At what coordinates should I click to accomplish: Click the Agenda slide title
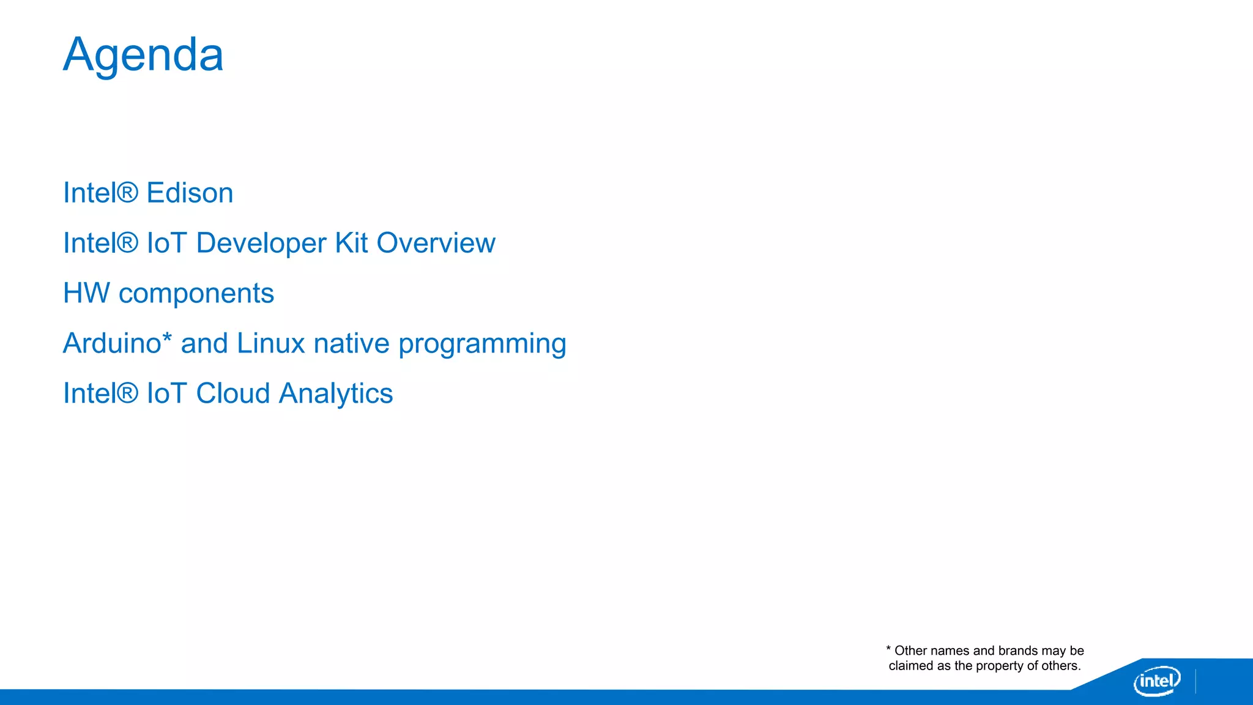pos(143,55)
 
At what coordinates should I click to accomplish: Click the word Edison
pos(190,193)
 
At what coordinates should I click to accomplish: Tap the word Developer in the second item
pos(261,244)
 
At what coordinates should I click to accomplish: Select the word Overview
pos(436,243)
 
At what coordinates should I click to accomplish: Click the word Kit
pos(351,243)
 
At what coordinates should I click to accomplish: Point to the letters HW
pos(86,293)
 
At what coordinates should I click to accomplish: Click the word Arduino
pos(112,343)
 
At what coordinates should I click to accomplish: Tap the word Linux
pos(270,343)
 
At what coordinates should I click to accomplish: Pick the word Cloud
pos(232,394)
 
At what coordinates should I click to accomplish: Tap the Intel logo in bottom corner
pos(1156,681)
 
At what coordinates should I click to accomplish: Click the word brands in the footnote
pos(1018,651)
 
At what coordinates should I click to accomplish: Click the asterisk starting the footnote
pos(888,648)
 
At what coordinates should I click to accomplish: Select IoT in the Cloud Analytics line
pos(166,394)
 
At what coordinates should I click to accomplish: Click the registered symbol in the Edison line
pos(127,192)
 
